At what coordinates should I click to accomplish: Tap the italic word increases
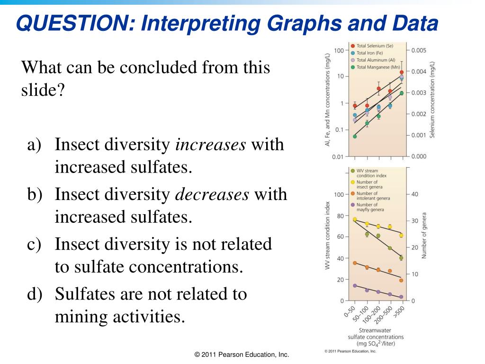(x=211, y=145)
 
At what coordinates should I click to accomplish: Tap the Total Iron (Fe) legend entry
(x=372, y=53)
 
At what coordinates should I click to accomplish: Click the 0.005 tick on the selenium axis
(x=419, y=50)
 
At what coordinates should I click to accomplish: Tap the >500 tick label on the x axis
(x=400, y=312)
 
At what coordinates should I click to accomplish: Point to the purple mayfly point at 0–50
(x=355, y=286)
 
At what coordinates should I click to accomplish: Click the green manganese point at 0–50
(x=355, y=136)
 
